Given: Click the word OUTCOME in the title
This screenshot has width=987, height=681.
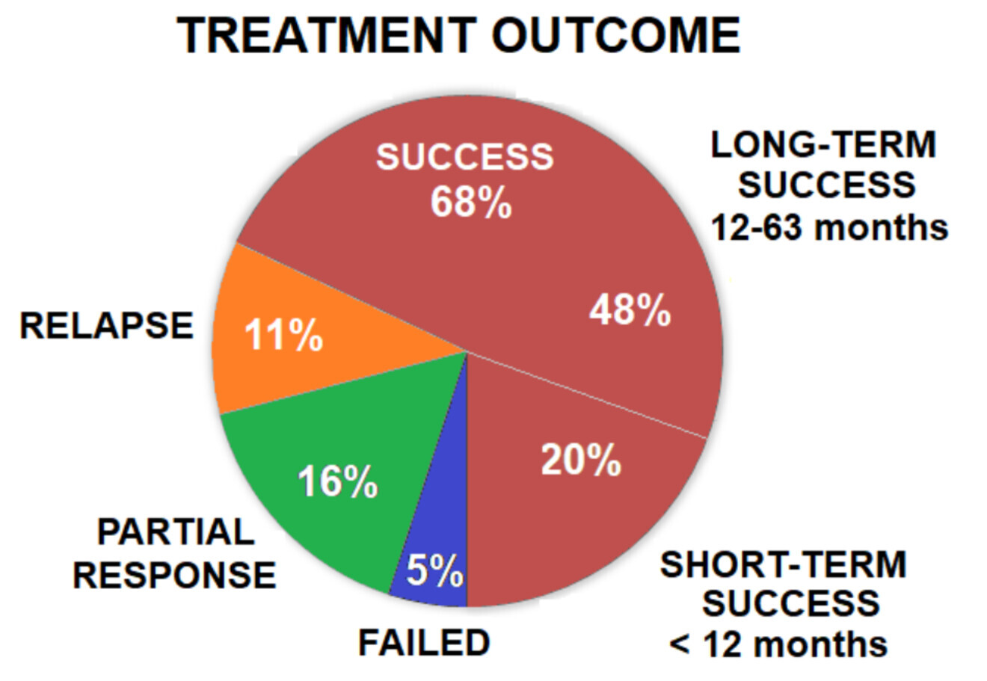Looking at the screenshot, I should (x=616, y=36).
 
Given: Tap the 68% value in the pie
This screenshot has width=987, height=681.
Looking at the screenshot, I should (x=470, y=202).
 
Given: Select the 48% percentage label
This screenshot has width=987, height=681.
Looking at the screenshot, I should (x=630, y=310).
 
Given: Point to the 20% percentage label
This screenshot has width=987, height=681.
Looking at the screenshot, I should (x=580, y=460).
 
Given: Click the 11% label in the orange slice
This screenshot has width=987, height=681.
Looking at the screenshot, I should (x=283, y=335).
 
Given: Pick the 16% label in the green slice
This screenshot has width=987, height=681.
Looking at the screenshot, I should (x=337, y=482).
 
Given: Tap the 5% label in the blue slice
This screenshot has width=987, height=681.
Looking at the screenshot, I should (x=434, y=573).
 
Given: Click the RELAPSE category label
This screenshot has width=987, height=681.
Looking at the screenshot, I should (x=106, y=327).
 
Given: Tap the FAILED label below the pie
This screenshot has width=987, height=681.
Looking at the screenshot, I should (x=424, y=644).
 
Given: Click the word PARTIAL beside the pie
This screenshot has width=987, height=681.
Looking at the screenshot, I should (x=176, y=533).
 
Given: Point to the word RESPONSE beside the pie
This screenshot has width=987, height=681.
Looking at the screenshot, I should (x=174, y=576).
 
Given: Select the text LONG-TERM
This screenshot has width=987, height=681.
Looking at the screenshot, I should (x=823, y=145).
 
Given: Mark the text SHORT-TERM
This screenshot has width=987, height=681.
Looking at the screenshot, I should (x=783, y=565).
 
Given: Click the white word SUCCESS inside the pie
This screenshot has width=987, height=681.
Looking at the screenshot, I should (x=464, y=158).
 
